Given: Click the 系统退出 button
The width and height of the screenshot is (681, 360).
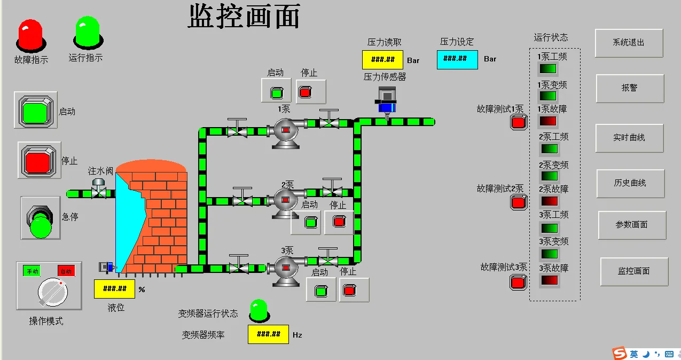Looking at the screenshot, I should click(x=629, y=43).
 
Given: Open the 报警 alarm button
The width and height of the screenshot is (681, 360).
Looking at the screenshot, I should click(x=630, y=88).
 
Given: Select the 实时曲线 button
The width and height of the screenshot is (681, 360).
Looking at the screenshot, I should click(x=629, y=138).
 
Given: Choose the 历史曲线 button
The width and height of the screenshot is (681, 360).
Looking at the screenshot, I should click(x=630, y=183).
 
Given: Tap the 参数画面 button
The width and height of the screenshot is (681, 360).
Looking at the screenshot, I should click(x=632, y=225).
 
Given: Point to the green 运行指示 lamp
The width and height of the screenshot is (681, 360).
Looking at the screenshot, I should click(x=87, y=32).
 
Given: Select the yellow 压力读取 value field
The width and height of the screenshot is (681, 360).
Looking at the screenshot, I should click(x=382, y=60).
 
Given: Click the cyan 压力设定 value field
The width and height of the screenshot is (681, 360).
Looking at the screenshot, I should click(x=457, y=59).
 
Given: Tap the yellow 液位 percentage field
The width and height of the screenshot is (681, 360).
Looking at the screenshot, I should click(x=114, y=289).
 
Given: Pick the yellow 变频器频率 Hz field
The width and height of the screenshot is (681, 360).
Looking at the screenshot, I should click(x=268, y=334).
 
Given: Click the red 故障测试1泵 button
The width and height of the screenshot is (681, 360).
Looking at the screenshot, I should click(x=518, y=122).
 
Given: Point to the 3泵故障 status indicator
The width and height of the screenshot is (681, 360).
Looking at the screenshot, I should click(x=549, y=280).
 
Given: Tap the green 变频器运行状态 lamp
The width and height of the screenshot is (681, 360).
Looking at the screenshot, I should click(x=259, y=311).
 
